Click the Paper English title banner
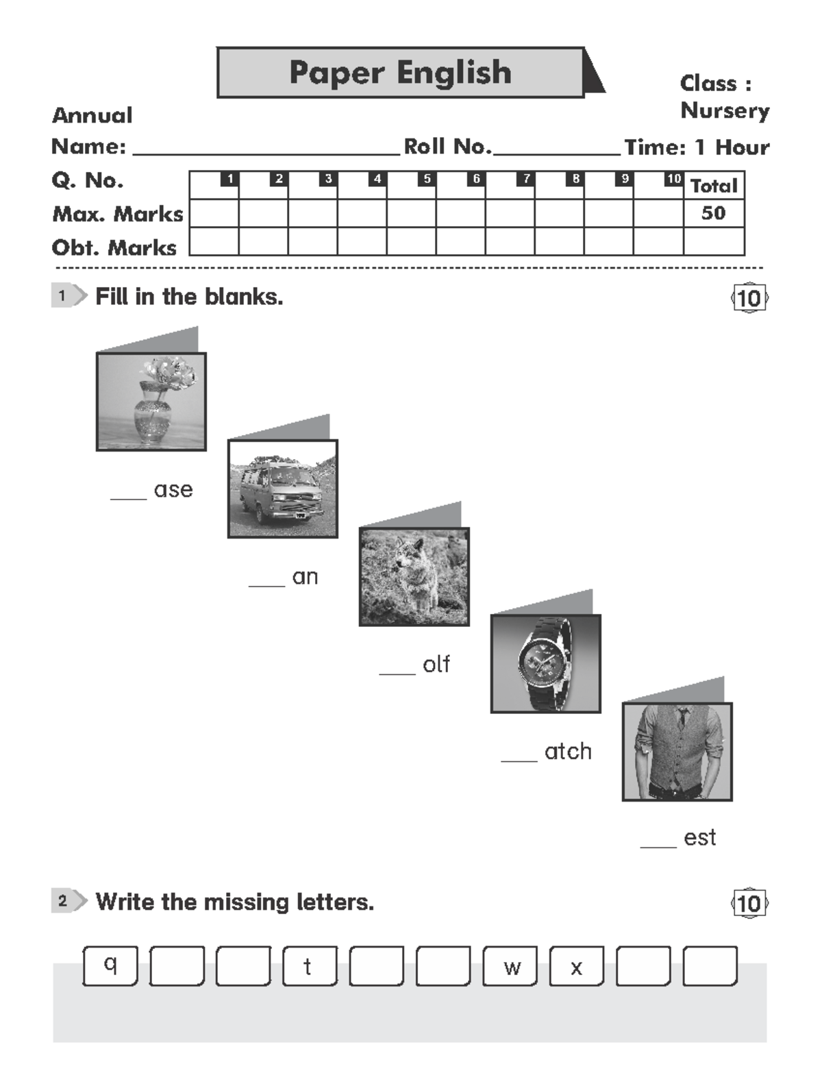pyautogui.click(x=401, y=73)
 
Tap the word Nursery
pyautogui.click(x=725, y=110)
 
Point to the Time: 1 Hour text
pyautogui.click(x=697, y=147)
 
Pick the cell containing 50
pyautogui.click(x=713, y=213)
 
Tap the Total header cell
pyautogui.click(x=713, y=186)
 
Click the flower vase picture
pyautogui.click(x=151, y=401)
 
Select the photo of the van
pyautogui.click(x=283, y=489)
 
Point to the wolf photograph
pyautogui.click(x=414, y=576)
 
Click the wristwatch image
pyautogui.click(x=546, y=663)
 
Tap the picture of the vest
pyautogui.click(x=677, y=751)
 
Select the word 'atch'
pyautogui.click(x=568, y=752)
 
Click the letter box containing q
pyautogui.click(x=110, y=965)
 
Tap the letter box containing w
pyautogui.click(x=510, y=966)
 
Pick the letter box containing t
pyautogui.click(x=310, y=966)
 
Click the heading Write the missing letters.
pyautogui.click(x=234, y=902)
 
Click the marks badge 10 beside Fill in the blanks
pyautogui.click(x=749, y=298)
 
